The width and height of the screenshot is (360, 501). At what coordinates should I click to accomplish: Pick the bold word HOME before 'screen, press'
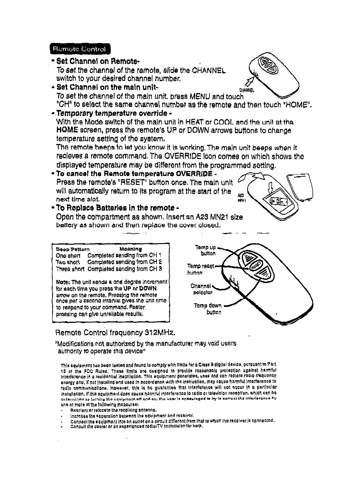click(67, 131)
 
